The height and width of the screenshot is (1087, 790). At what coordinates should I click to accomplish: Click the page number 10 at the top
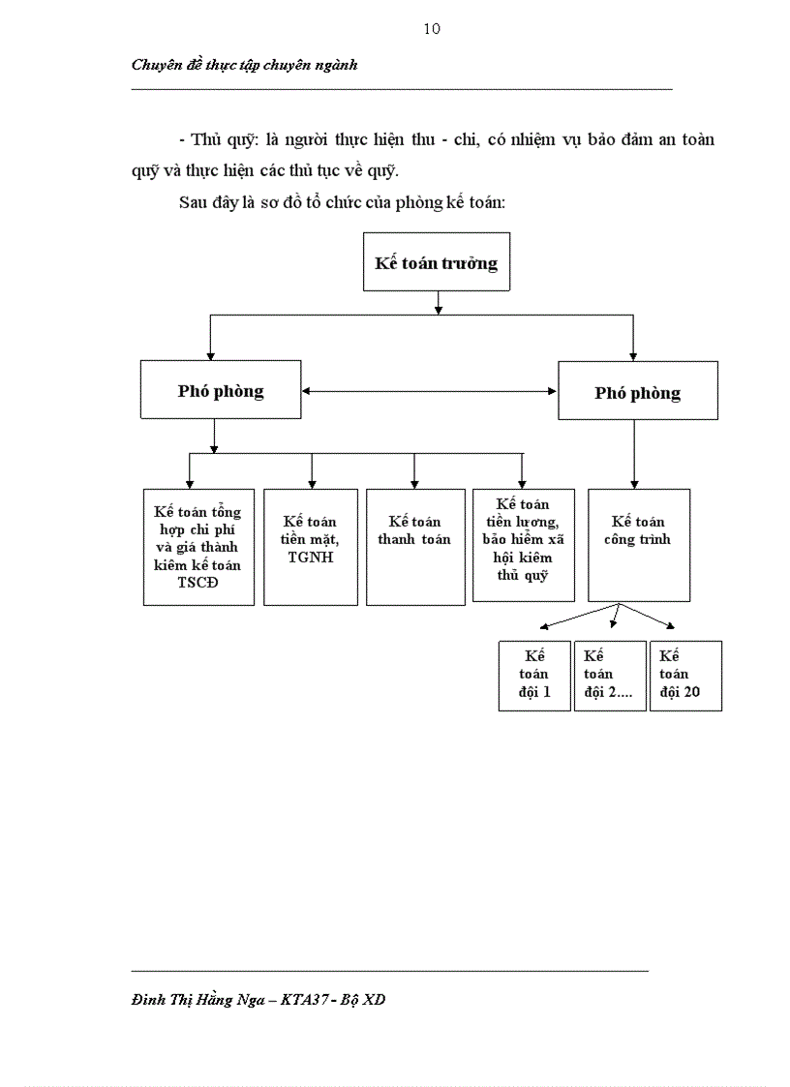click(x=432, y=29)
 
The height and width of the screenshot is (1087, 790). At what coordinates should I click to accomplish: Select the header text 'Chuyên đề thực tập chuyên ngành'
click(x=244, y=65)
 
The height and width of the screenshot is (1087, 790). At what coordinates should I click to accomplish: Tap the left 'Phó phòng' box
click(x=221, y=391)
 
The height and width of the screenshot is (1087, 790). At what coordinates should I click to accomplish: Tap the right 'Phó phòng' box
click(x=637, y=391)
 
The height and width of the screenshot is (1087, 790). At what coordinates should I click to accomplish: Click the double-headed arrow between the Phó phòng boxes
click(x=431, y=391)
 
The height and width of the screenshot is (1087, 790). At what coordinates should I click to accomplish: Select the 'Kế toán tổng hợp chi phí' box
click(x=198, y=547)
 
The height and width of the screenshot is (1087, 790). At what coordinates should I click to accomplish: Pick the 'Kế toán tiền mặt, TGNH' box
click(x=311, y=547)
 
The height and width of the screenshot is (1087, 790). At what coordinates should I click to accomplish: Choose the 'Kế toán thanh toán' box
click(x=414, y=547)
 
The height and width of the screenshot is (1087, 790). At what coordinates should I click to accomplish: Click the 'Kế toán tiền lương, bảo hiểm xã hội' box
click(x=522, y=544)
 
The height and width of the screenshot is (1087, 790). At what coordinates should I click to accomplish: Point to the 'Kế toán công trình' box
click(x=638, y=544)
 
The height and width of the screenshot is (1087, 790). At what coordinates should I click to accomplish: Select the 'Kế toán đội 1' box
click(x=534, y=676)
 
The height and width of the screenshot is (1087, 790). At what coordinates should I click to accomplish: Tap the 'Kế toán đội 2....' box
click(x=610, y=676)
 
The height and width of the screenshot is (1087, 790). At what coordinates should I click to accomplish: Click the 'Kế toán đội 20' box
click(x=685, y=676)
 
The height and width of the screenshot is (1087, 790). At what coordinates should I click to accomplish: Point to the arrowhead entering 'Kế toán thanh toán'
click(x=414, y=483)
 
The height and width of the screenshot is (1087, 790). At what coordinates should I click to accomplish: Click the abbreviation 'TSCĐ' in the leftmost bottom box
click(x=198, y=584)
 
